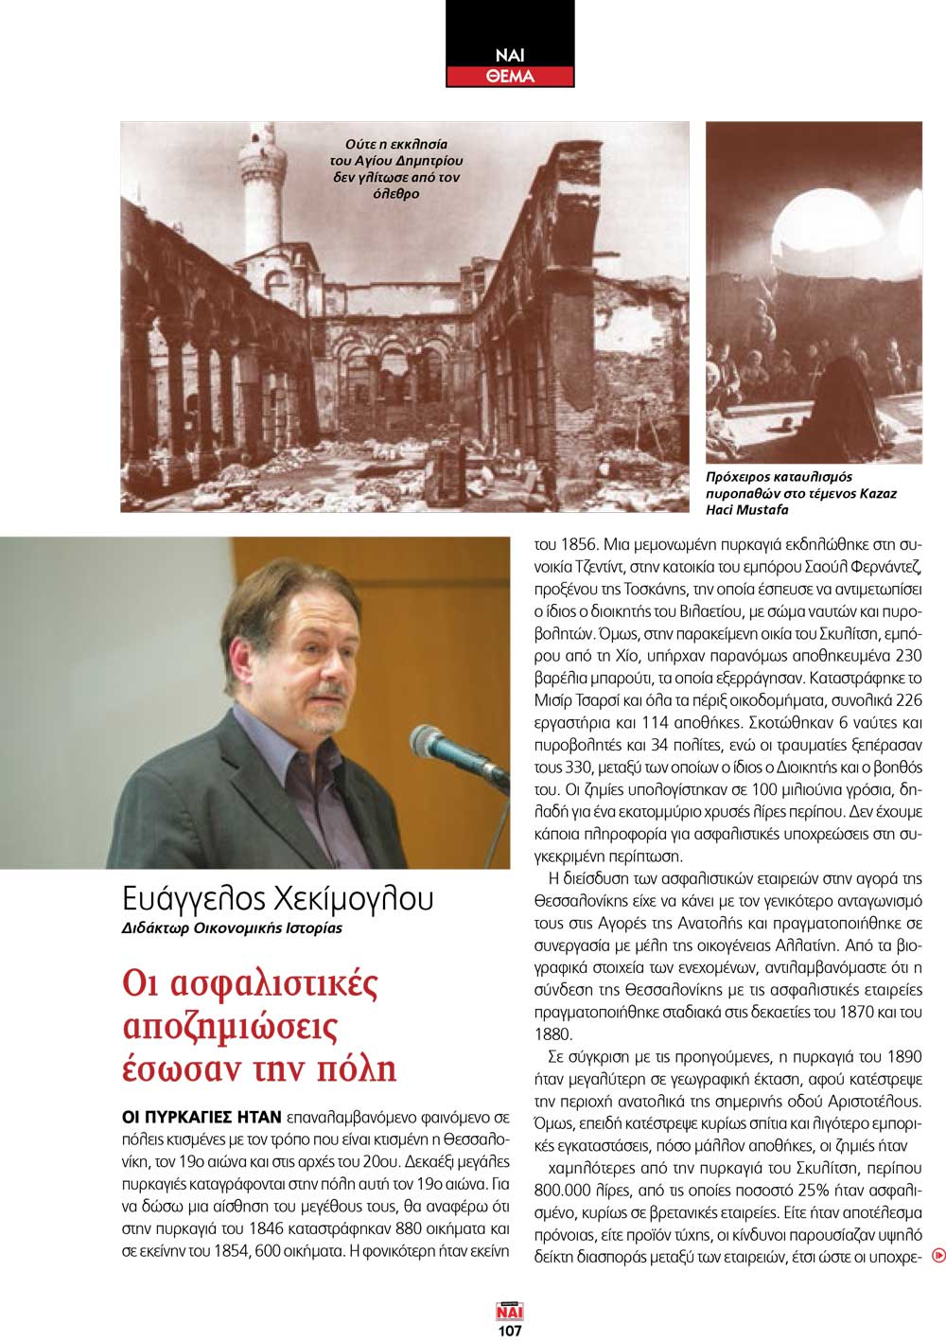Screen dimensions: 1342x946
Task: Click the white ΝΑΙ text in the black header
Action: (x=510, y=54)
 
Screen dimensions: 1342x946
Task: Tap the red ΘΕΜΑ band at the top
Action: (x=510, y=76)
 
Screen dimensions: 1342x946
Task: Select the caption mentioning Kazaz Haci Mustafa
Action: (x=801, y=493)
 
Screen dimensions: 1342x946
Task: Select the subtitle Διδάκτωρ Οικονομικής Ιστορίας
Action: (x=232, y=927)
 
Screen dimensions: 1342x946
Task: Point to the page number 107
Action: (x=510, y=1330)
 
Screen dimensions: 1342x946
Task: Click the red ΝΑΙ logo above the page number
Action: (x=510, y=1312)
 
